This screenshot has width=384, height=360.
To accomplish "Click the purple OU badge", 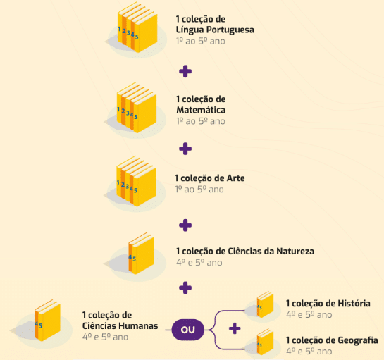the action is click(x=188, y=330).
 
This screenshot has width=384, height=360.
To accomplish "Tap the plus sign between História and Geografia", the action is click(x=235, y=328).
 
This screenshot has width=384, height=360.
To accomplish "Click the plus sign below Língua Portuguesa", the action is click(x=185, y=72).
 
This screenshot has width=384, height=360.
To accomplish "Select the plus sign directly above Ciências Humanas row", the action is click(x=185, y=287).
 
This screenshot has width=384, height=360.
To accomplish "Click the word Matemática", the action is click(x=201, y=110).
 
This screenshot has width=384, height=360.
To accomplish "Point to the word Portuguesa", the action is click(x=230, y=30).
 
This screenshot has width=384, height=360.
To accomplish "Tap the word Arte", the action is click(x=235, y=178).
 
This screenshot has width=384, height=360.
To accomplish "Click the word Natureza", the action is click(x=295, y=252).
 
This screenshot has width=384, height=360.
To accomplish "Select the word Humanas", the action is click(x=138, y=326).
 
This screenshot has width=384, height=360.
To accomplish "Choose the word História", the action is click(x=354, y=304).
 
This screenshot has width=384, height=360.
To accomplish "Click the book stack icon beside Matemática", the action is click(x=137, y=108).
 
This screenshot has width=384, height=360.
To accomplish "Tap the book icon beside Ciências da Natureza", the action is click(x=142, y=254).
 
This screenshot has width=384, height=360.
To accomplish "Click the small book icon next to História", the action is click(x=265, y=304).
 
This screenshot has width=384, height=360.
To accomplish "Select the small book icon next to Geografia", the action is click(x=265, y=342).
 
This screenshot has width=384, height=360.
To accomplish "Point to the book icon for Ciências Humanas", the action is click(x=47, y=321).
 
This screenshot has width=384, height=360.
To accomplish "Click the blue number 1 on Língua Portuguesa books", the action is click(x=119, y=29).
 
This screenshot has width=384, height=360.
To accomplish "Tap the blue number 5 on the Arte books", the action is click(x=135, y=190).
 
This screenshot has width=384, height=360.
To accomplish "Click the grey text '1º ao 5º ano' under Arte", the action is click(x=199, y=190).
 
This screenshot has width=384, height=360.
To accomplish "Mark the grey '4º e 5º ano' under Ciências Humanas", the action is click(x=105, y=337).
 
